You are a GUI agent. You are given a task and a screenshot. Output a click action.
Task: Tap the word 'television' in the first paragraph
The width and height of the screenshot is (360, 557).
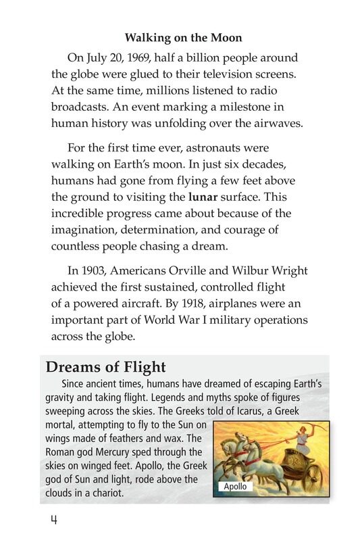[x=228, y=74]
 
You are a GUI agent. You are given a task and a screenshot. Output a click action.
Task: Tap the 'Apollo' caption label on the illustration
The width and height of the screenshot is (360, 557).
[x=235, y=487]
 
